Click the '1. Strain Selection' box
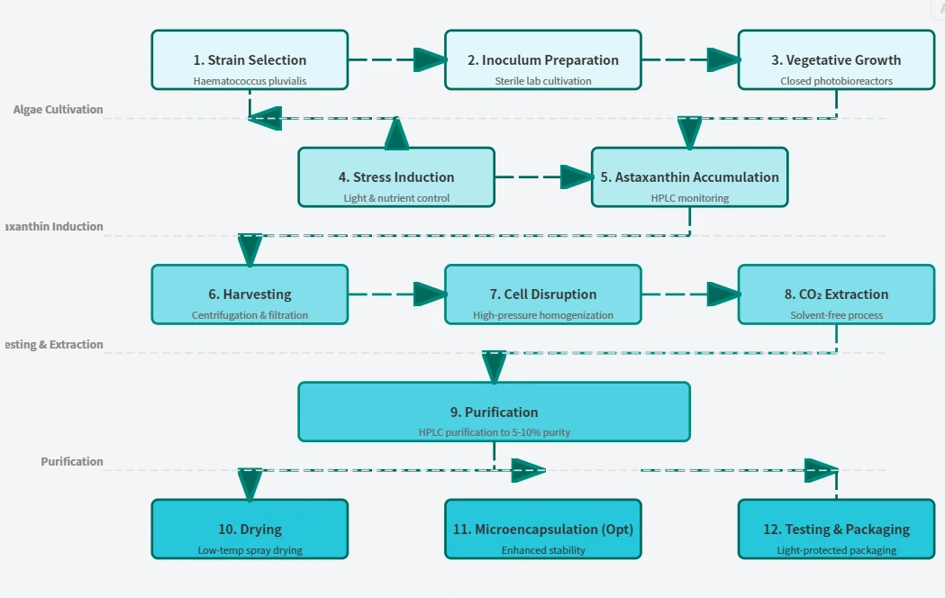pos(250,60)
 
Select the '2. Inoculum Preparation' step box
pos(543,60)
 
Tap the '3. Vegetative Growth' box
pos(836,60)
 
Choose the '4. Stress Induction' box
pos(396,177)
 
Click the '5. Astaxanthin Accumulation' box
pos(689,177)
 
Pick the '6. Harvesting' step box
pos(250,294)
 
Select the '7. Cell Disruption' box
pos(543,294)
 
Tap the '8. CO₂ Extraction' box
pos(836,294)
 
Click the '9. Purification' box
pos(494,412)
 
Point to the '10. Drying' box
pos(250,529)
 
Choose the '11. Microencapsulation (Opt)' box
pos(543,529)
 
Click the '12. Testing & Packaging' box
pos(836,529)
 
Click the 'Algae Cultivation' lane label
pos(59,110)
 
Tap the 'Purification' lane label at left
pos(72,461)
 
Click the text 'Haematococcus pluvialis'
pos(250,81)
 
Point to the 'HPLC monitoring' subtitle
pos(689,198)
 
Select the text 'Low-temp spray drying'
pos(250,550)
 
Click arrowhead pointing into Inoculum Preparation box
pos(430,60)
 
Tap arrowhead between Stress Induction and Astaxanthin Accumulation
pos(577,177)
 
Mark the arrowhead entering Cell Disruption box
pos(430,294)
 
